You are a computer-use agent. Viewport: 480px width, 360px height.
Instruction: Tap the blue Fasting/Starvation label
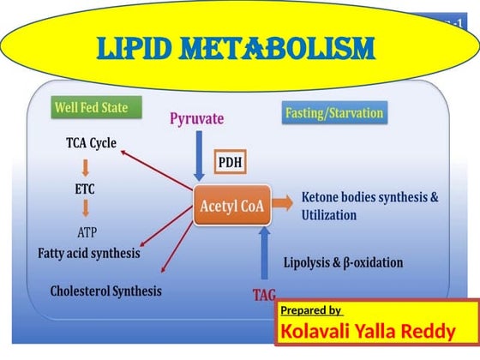[333, 113]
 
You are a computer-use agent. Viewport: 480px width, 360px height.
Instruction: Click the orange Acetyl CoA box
[231, 206]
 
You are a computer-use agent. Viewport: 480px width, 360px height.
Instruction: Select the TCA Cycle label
[91, 142]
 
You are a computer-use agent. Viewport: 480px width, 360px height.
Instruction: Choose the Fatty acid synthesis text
[89, 254]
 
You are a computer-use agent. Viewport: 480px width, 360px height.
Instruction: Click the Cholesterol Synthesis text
[105, 291]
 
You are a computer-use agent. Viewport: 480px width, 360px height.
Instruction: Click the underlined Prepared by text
[311, 310]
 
